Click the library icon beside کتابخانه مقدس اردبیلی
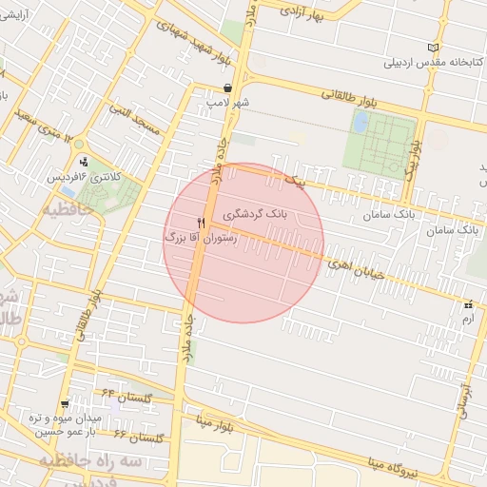(x=434, y=48)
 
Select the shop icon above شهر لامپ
(x=226, y=88)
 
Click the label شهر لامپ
(x=229, y=103)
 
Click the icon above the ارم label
(x=468, y=305)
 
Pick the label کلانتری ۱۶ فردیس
(x=83, y=177)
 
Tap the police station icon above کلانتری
(x=84, y=161)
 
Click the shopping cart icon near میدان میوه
(x=65, y=403)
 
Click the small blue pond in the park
(x=360, y=122)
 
